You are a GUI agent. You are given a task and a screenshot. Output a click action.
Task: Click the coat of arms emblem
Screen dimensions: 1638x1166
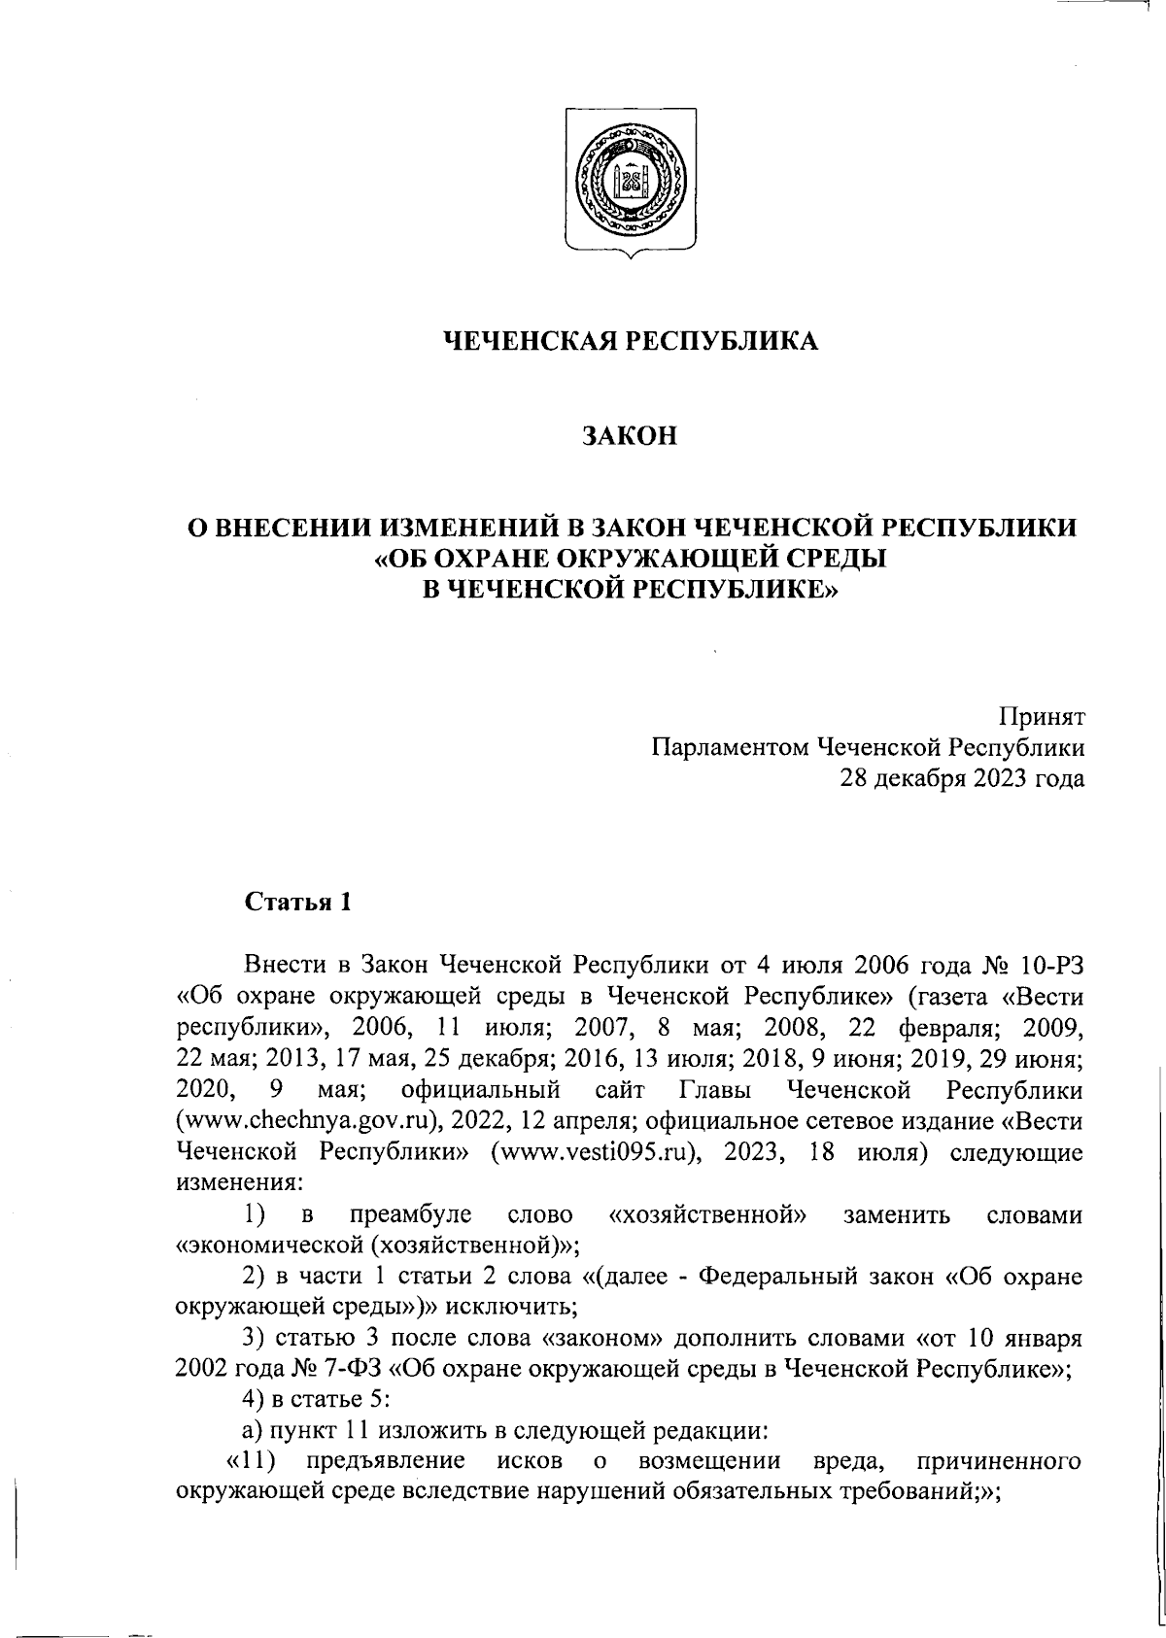pyautogui.click(x=628, y=184)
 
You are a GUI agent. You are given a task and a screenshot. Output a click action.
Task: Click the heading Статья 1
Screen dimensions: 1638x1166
pyautogui.click(x=297, y=902)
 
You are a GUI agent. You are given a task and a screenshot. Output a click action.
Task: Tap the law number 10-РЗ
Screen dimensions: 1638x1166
pyautogui.click(x=1052, y=967)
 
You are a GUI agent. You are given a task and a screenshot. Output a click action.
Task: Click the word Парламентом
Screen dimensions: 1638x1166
pyautogui.click(x=730, y=747)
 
